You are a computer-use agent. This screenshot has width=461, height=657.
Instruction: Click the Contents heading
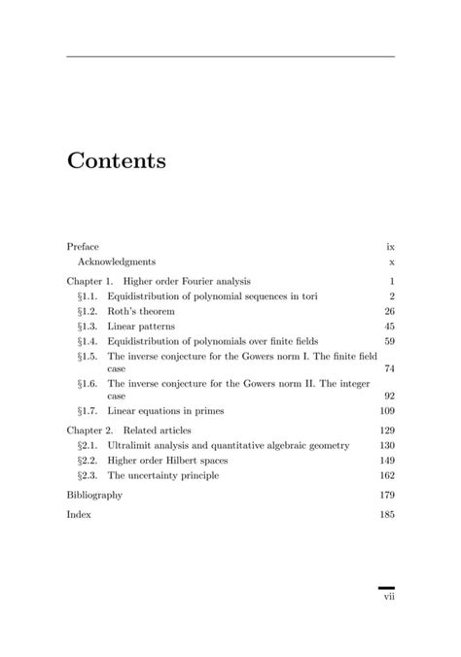(x=116, y=161)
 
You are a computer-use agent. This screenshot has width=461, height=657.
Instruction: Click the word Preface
(x=83, y=247)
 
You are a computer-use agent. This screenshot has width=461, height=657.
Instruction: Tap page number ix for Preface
(x=390, y=247)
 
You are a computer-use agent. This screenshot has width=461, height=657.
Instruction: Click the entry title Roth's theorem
(x=141, y=311)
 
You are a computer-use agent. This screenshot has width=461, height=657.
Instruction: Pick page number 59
(x=389, y=342)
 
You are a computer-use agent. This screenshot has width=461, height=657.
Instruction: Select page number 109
(x=387, y=412)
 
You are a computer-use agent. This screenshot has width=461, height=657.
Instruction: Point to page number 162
(x=387, y=476)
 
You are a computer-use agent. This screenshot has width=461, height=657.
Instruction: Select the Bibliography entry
(x=94, y=496)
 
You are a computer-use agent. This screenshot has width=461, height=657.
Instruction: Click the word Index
(x=79, y=514)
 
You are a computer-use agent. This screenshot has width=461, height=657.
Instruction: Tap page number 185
(x=387, y=514)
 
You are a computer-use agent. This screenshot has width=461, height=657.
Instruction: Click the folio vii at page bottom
(x=388, y=598)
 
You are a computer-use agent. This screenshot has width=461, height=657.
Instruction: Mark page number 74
(x=389, y=369)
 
